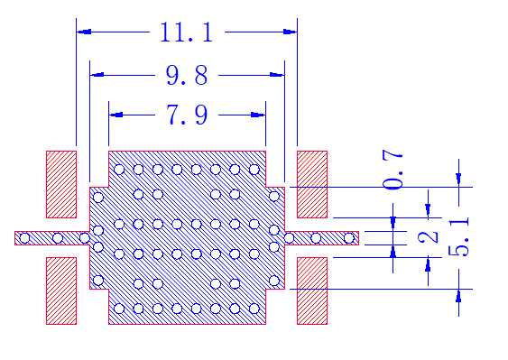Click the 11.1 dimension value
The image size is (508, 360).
[186, 32]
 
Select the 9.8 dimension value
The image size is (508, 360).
[187, 75]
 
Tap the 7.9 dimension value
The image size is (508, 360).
[187, 115]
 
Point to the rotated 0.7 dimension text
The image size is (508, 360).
[393, 169]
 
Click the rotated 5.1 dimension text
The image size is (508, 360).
[458, 237]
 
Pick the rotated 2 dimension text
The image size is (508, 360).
[429, 238]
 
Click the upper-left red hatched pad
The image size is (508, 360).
[61, 184]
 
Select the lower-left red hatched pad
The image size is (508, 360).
[61, 291]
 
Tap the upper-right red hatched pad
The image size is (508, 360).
[312, 184]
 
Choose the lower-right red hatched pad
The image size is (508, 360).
[312, 291]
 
